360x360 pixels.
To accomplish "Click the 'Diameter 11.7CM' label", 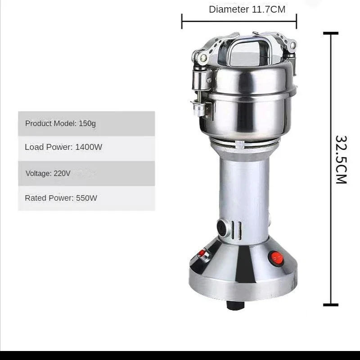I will (x=247, y=9).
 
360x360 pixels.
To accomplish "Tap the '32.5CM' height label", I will (x=341, y=159).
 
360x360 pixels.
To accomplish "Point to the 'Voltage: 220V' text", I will (x=48, y=173).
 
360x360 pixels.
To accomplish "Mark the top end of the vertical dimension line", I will (x=331, y=33).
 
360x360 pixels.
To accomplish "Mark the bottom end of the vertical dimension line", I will (x=331, y=305).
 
